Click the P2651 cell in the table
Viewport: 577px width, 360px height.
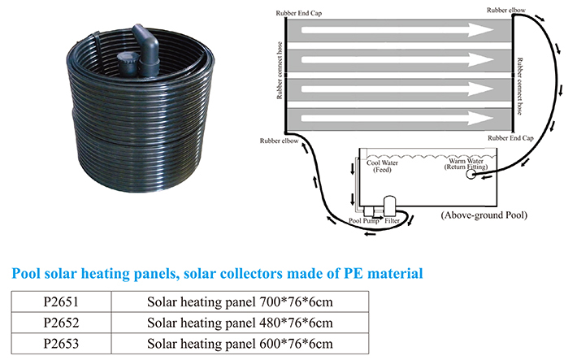coord(61,301)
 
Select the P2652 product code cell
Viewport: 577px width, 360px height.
coord(61,323)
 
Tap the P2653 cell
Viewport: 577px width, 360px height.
coord(61,344)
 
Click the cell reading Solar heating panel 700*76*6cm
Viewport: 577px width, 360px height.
coord(240,301)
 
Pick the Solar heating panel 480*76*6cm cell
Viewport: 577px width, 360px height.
coord(240,323)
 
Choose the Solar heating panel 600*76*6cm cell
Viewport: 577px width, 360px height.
coord(240,344)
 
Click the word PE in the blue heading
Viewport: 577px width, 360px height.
coord(354,274)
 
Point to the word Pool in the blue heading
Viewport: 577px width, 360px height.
coord(26,274)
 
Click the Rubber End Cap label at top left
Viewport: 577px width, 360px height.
coord(299,13)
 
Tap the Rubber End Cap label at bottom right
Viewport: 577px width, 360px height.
coord(510,138)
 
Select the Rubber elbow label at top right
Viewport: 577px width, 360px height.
coord(506,11)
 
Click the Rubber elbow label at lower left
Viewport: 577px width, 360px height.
coord(279,141)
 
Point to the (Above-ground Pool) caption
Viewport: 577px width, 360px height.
coord(484,215)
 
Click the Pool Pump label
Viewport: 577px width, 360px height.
coord(363,221)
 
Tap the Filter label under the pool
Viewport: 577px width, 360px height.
coord(392,221)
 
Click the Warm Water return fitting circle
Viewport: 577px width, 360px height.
coord(471,175)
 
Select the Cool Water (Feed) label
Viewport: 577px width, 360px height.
coord(382,166)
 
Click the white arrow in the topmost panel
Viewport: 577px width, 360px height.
coord(397,30)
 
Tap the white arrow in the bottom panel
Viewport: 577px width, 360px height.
coord(397,118)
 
